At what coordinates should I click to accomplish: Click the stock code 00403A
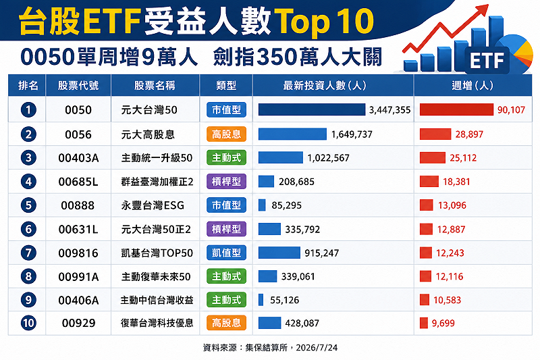point(78,158)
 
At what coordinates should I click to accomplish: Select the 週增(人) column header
point(473,85)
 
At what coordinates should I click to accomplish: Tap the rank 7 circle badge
point(28,253)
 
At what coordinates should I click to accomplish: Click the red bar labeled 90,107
point(456,109)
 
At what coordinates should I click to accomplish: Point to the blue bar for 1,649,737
point(292,134)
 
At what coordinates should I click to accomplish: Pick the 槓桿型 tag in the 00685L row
point(226,182)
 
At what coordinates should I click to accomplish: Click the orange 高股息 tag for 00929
point(226,323)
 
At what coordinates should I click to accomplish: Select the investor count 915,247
point(322,253)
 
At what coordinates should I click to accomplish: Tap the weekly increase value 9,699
point(443,323)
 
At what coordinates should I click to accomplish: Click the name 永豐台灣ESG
point(153,205)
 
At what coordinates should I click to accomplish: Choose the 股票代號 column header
point(78,85)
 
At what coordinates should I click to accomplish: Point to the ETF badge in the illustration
point(487,61)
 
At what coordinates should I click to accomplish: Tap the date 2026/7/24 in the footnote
point(317,348)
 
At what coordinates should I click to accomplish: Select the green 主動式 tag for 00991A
point(226,276)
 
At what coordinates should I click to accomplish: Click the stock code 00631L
point(78,230)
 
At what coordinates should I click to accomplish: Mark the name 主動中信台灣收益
point(157,300)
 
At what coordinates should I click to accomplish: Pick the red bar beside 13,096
point(426,205)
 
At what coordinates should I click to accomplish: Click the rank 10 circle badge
point(28,323)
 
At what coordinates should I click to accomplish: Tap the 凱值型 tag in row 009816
point(226,253)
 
